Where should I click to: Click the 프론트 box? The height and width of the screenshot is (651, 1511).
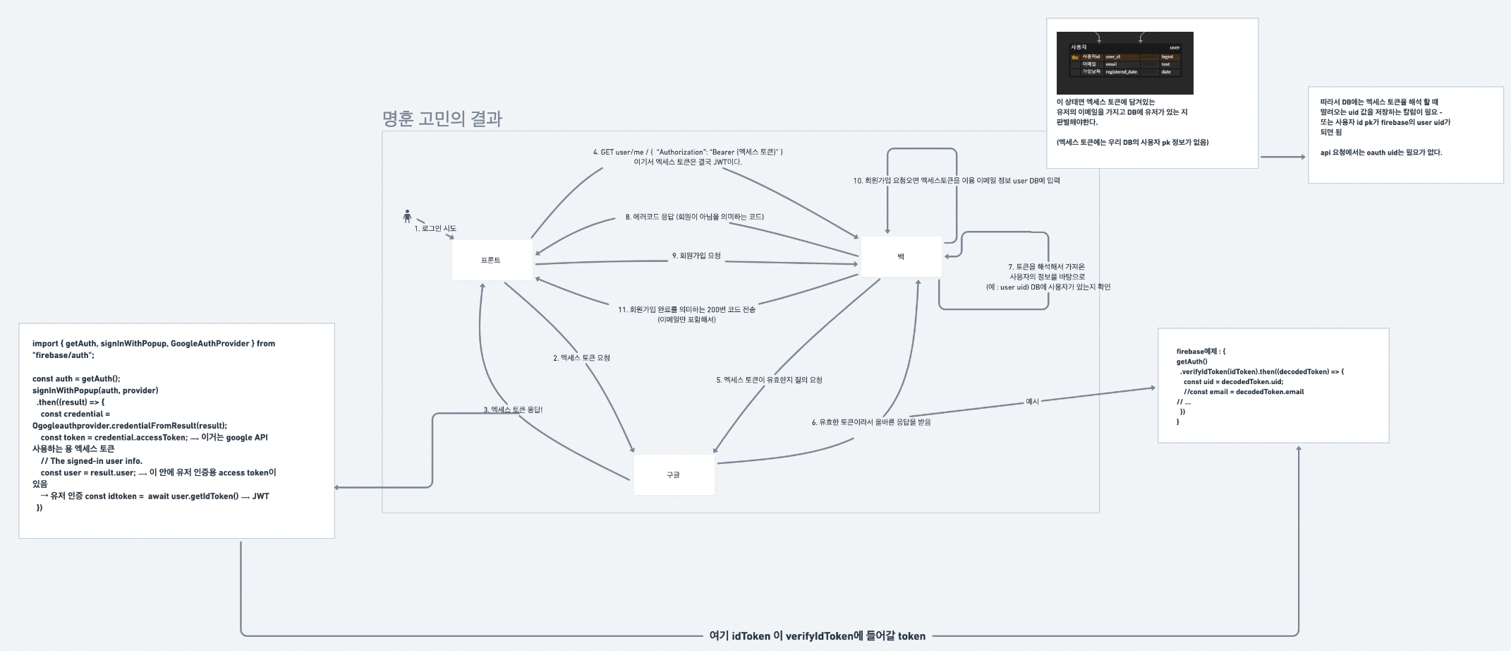click(x=492, y=260)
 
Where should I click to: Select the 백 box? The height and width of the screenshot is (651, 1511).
click(x=901, y=256)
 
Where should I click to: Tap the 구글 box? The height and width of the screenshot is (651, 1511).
click(x=674, y=474)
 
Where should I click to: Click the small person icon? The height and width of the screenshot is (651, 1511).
click(x=407, y=216)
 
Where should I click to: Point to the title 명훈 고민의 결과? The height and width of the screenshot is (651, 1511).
click(x=442, y=119)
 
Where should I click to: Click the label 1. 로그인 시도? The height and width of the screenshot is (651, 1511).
click(x=435, y=229)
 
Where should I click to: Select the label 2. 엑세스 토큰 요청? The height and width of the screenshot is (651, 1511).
click(x=581, y=358)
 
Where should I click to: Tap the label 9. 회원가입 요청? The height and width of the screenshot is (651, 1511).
click(x=696, y=256)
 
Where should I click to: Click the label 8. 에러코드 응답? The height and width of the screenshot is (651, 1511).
click(x=694, y=217)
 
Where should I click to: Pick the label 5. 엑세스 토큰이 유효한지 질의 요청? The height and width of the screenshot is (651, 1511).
click(x=769, y=380)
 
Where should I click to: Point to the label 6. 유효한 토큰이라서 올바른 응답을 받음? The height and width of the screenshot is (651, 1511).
click(x=870, y=422)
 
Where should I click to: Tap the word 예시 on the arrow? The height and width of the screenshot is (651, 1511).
click(x=1032, y=401)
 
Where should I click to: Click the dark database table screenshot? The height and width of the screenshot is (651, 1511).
click(x=1124, y=63)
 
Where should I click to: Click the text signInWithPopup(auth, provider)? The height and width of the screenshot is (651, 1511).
click(x=95, y=390)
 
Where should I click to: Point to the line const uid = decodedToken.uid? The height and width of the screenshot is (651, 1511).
click(x=1233, y=381)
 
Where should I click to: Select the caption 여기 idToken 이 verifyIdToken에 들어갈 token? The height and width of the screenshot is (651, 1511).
click(x=817, y=636)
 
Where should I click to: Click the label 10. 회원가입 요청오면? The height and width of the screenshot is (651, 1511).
click(x=956, y=181)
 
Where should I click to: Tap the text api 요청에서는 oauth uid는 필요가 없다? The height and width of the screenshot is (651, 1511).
click(x=1380, y=153)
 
